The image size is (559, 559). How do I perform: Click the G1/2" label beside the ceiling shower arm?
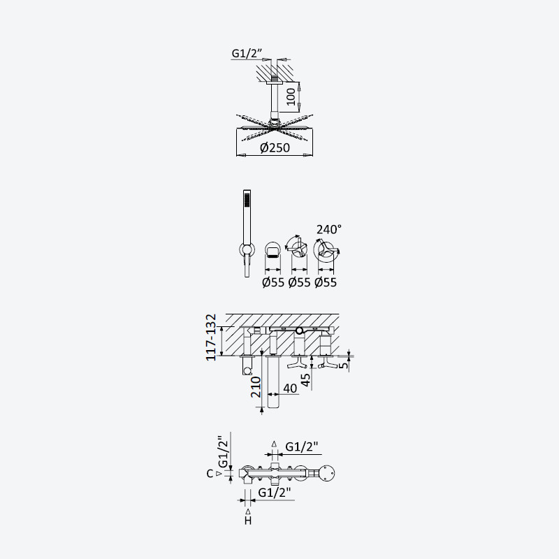click(247, 53)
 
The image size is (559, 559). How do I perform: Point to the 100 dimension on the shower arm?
click(291, 96)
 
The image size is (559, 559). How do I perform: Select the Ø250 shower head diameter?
click(275, 147)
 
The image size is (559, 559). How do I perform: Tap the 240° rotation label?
click(328, 229)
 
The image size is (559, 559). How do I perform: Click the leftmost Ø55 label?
click(273, 282)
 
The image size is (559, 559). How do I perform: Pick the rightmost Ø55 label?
click(326, 282)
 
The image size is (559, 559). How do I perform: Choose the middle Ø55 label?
click(300, 282)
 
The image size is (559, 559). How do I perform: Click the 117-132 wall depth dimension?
click(211, 337)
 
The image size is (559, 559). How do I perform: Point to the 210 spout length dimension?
click(256, 387)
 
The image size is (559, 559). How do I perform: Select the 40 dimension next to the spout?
click(290, 389)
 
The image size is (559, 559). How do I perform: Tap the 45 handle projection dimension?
click(306, 380)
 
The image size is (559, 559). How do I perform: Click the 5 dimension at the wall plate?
click(344, 365)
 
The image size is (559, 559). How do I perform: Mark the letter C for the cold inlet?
click(210, 474)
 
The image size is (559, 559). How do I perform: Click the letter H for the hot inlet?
click(248, 521)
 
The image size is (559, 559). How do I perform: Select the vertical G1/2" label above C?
click(223, 451)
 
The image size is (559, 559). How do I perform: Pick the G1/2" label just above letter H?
click(274, 493)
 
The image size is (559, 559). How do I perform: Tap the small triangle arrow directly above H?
click(248, 512)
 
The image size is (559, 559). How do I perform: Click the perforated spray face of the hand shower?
click(247, 199)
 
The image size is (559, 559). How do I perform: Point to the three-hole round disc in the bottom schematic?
click(326, 474)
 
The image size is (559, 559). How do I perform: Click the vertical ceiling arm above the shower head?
click(275, 98)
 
